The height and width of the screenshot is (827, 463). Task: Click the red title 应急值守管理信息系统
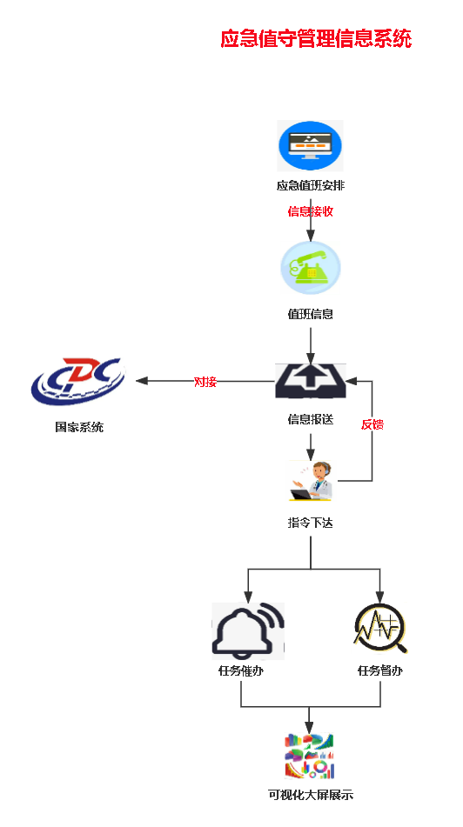click(x=316, y=38)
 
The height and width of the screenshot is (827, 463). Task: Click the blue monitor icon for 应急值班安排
click(x=310, y=146)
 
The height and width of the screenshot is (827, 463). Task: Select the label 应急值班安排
click(x=311, y=185)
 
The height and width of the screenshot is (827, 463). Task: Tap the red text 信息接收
click(x=311, y=211)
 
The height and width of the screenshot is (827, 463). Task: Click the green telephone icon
click(x=311, y=268)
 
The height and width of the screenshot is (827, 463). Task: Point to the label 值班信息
click(x=311, y=314)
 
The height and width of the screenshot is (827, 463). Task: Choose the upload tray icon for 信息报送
click(x=311, y=381)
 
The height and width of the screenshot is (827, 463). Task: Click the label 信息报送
click(x=311, y=419)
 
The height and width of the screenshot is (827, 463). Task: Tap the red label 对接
click(x=205, y=381)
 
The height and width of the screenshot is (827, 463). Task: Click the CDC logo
click(x=79, y=381)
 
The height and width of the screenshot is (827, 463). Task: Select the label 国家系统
click(x=79, y=427)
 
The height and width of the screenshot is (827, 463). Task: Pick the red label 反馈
click(x=372, y=424)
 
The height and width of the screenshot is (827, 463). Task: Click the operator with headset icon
click(x=311, y=481)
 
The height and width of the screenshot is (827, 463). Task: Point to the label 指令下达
click(x=311, y=523)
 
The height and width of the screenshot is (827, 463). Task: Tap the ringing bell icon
click(x=248, y=631)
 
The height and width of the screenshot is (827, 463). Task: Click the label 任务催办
click(x=241, y=670)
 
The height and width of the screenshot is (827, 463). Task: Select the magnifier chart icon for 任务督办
click(x=380, y=628)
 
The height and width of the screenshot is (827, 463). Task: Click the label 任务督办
click(x=380, y=670)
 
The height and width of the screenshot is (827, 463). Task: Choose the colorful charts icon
click(x=309, y=756)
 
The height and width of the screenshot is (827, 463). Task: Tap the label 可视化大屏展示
click(x=311, y=795)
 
